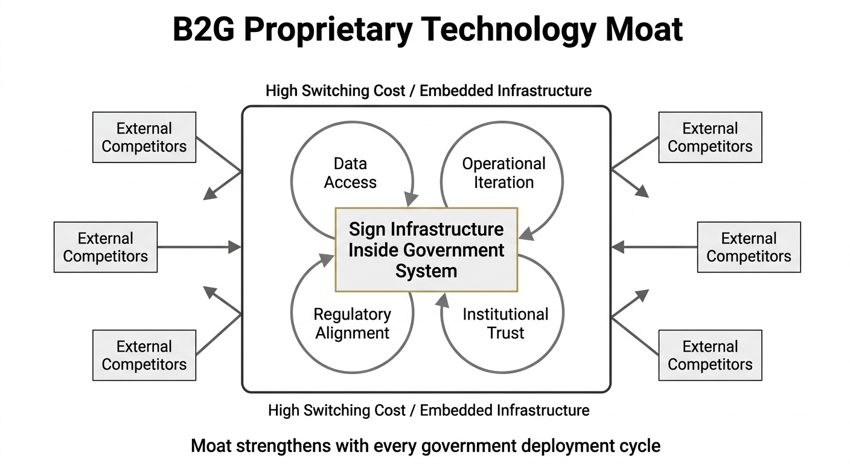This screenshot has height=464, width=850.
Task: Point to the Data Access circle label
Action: point(350,173)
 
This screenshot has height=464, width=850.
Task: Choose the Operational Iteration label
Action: point(503,173)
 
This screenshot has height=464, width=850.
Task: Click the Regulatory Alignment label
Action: point(353,323)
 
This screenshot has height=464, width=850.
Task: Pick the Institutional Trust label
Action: point(505,323)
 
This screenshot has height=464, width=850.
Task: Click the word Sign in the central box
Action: point(368,230)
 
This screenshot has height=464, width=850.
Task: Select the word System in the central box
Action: point(426,271)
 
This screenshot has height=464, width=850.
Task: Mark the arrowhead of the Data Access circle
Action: point(412,199)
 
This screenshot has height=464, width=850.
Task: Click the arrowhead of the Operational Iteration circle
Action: point(525,233)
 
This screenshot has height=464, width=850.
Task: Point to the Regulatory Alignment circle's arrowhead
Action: point(326,260)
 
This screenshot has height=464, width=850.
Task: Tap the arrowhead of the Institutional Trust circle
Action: point(444,298)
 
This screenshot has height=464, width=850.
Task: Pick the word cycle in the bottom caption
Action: point(642,446)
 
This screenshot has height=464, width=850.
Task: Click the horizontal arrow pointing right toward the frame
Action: point(199,247)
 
